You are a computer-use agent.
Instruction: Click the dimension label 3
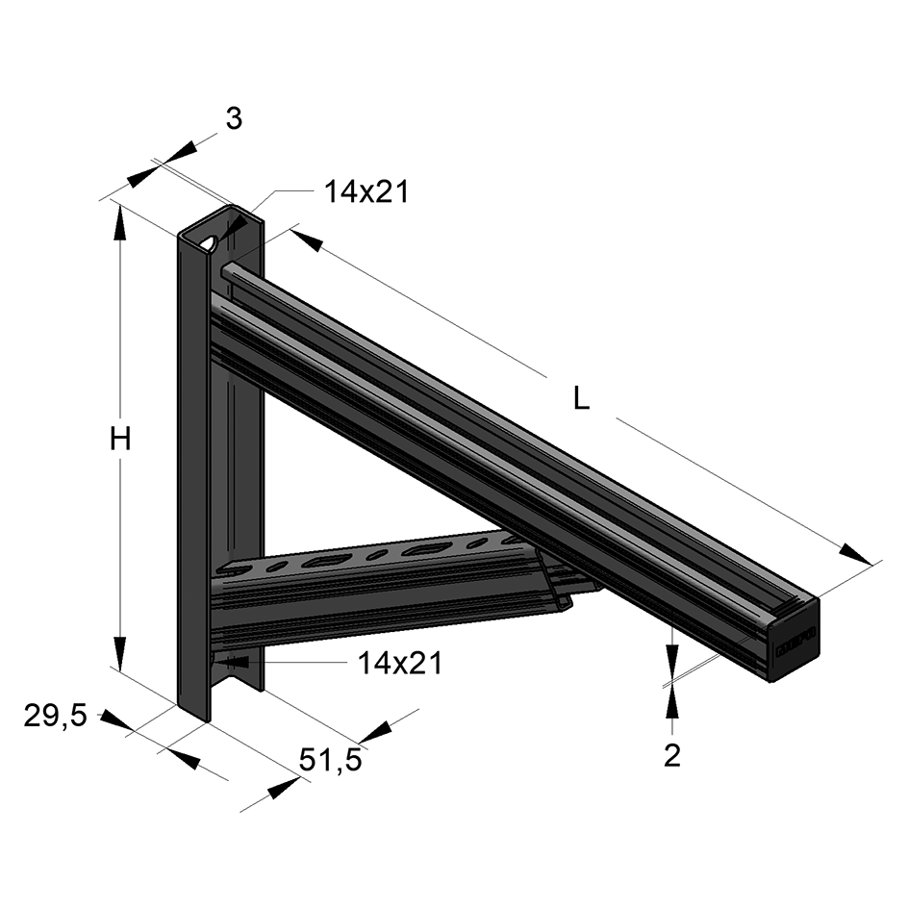point(234,118)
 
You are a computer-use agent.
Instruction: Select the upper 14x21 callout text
point(366,192)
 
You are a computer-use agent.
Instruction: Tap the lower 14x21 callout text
point(399,663)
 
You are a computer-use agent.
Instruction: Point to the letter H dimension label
point(119,440)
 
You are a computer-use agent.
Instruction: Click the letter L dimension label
point(581,398)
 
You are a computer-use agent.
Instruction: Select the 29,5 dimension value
point(56,715)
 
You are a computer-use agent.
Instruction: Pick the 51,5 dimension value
point(330,760)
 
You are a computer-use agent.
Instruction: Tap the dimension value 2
point(672,755)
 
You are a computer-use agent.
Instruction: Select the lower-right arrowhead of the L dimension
point(855,553)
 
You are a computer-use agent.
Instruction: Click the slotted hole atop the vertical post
point(209,241)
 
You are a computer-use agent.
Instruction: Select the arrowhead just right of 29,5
point(117,722)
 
